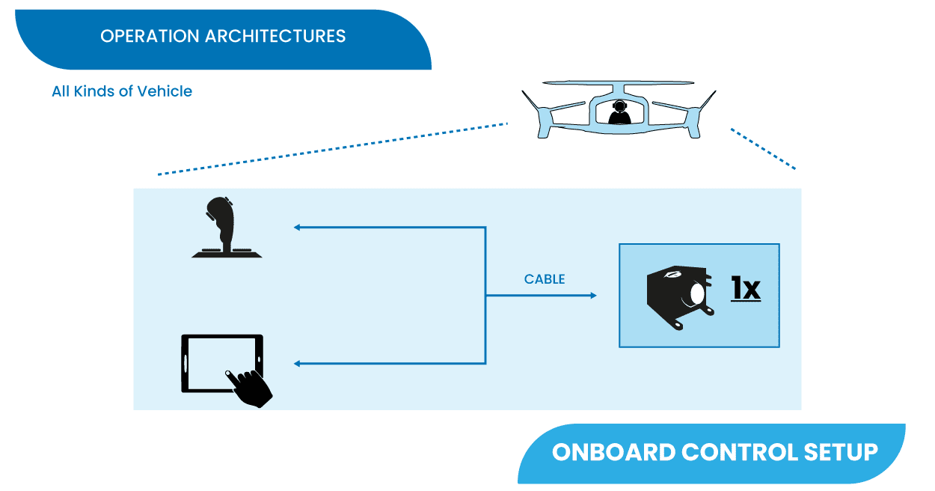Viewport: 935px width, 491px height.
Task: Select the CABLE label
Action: [545, 279]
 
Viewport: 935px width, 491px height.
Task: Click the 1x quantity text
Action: [745, 289]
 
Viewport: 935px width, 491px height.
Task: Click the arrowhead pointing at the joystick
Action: [297, 227]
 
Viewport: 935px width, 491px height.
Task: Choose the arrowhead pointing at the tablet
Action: [297, 364]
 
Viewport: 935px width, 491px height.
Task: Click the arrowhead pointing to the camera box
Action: [593, 296]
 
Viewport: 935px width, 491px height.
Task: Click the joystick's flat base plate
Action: [227, 254]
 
